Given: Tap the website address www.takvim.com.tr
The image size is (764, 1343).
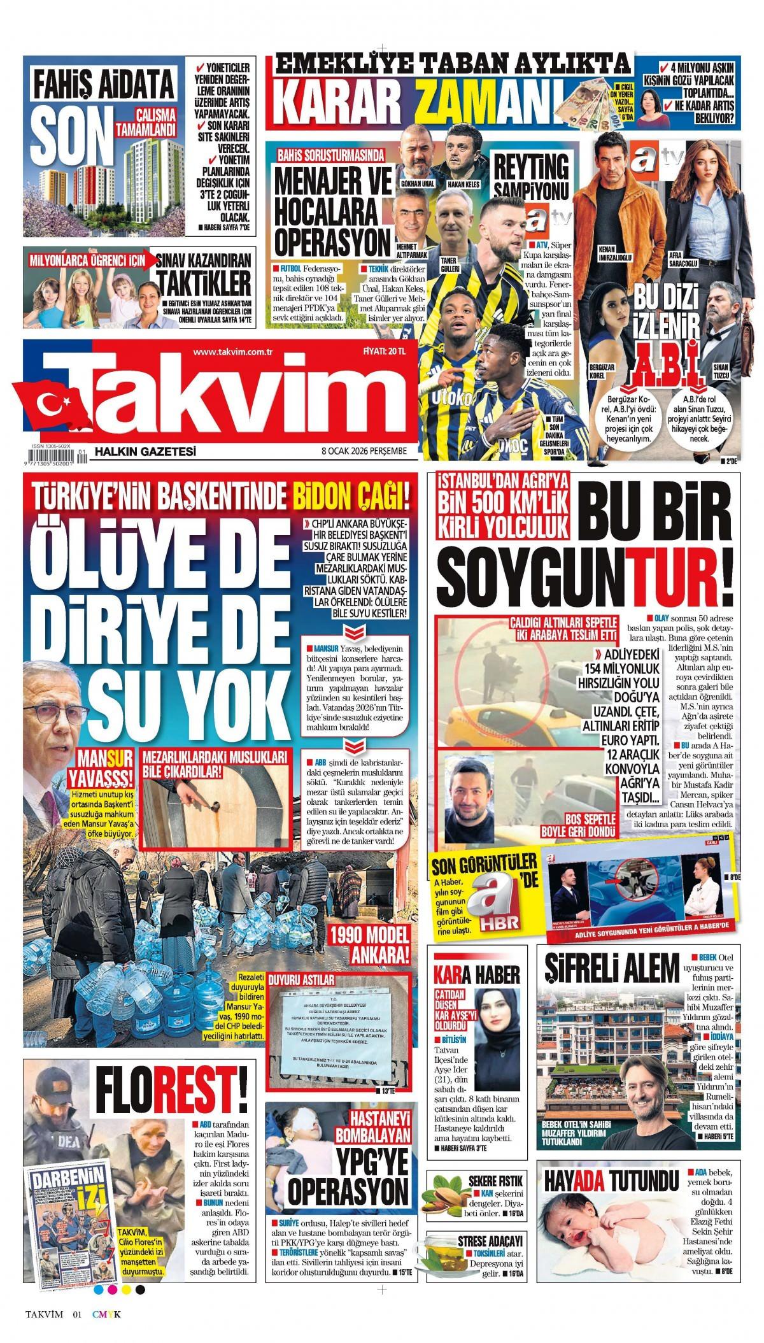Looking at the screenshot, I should (x=232, y=352).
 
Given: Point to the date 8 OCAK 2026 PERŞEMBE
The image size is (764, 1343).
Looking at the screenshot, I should (x=364, y=451).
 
